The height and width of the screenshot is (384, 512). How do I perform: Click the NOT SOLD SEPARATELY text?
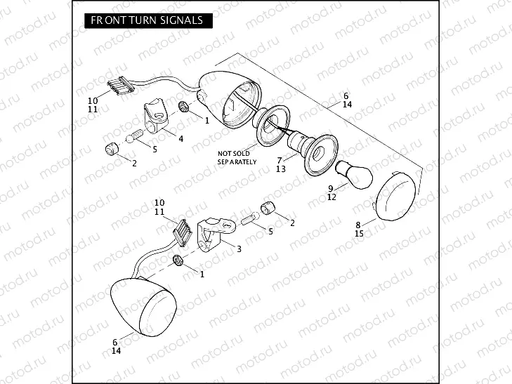click(x=237, y=157)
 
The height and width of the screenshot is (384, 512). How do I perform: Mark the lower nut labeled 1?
click(x=178, y=262)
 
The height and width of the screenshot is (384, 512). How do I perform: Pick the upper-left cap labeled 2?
click(x=111, y=150)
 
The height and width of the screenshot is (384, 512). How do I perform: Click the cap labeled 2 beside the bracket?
click(x=268, y=208)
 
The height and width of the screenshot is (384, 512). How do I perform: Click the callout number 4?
click(x=180, y=139)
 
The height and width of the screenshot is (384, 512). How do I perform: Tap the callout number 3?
click(x=239, y=249)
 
